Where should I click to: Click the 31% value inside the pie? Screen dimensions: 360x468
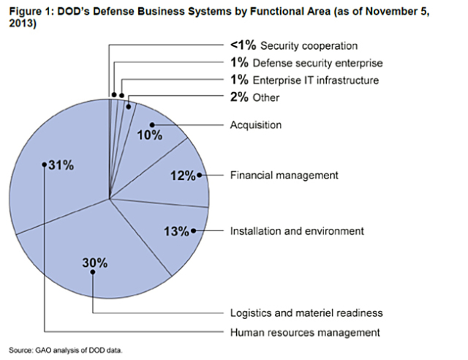[x=61, y=165]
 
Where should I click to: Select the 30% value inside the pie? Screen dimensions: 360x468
[x=94, y=262]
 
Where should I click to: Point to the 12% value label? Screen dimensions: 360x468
[x=182, y=176]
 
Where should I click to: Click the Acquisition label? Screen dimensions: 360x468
[x=256, y=125]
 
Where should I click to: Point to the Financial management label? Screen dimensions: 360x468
[x=284, y=176]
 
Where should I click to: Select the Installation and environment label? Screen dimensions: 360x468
[x=296, y=231]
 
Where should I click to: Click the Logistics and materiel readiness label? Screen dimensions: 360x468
[x=306, y=313]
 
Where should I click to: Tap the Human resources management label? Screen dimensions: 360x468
[x=305, y=332]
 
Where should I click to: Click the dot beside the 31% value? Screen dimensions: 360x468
[x=45, y=165]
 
